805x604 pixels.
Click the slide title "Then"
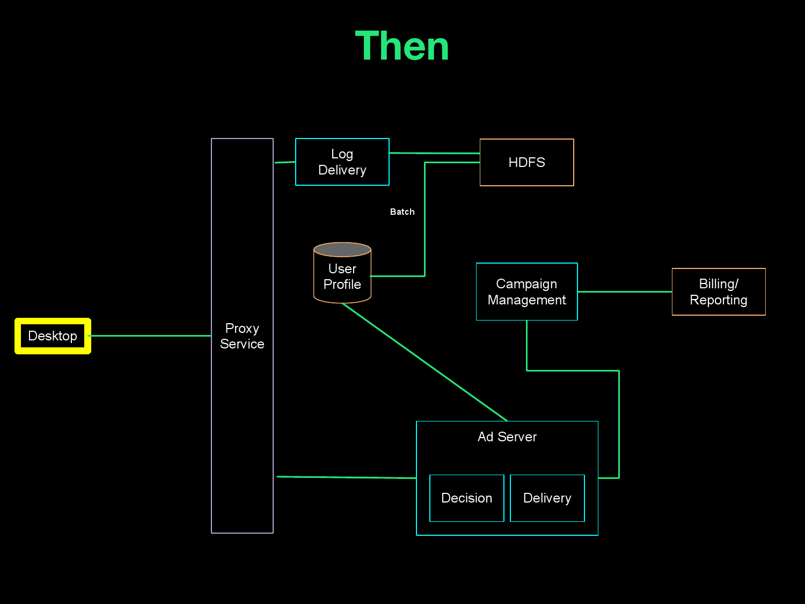point(402,47)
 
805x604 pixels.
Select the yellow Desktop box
point(53,336)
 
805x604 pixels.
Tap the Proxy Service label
point(242,336)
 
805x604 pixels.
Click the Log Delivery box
point(342,162)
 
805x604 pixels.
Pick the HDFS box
point(526,163)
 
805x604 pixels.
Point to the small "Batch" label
point(402,212)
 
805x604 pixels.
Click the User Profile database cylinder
point(342,276)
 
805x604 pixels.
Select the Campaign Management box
point(526,292)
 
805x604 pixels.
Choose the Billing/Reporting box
point(719,292)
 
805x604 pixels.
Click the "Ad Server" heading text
point(507,437)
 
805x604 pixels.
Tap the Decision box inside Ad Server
point(466,498)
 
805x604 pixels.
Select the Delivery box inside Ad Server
point(547,498)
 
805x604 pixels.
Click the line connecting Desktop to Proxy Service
point(150,336)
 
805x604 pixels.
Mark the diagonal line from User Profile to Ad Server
point(424,362)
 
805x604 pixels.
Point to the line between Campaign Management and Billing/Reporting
point(625,292)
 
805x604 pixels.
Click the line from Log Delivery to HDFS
point(435,153)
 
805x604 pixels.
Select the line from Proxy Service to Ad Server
point(346,477)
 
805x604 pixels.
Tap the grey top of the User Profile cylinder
point(342,250)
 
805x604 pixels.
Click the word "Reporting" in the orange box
point(719,300)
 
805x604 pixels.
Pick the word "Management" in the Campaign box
point(526,300)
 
